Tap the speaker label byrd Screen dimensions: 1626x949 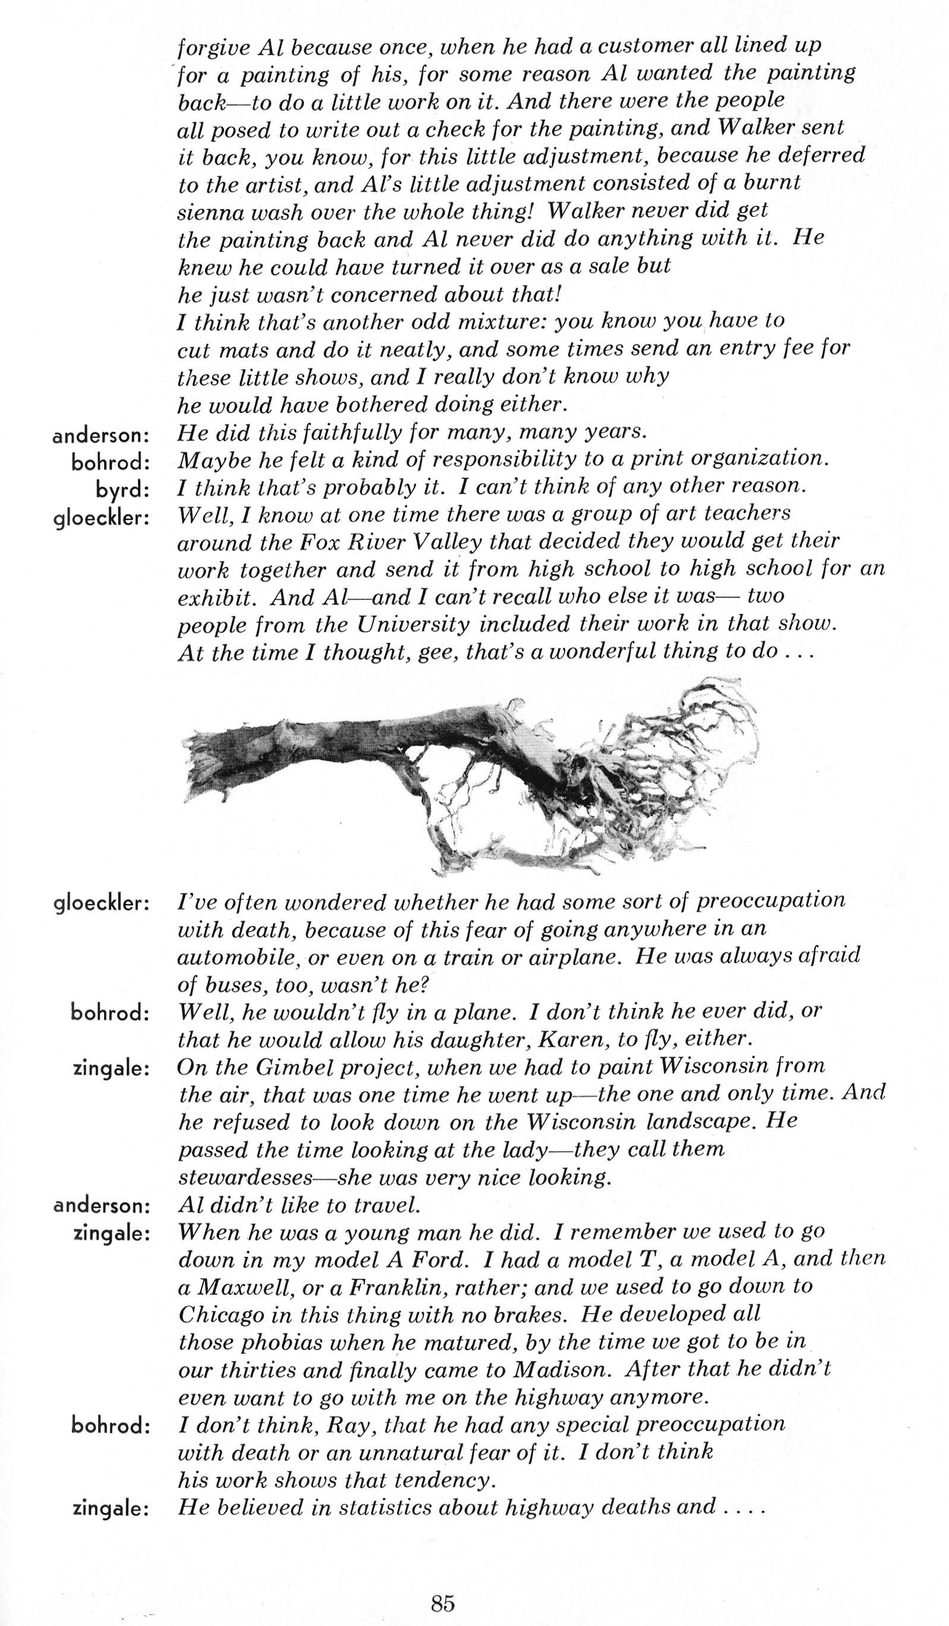pos(122,490)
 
